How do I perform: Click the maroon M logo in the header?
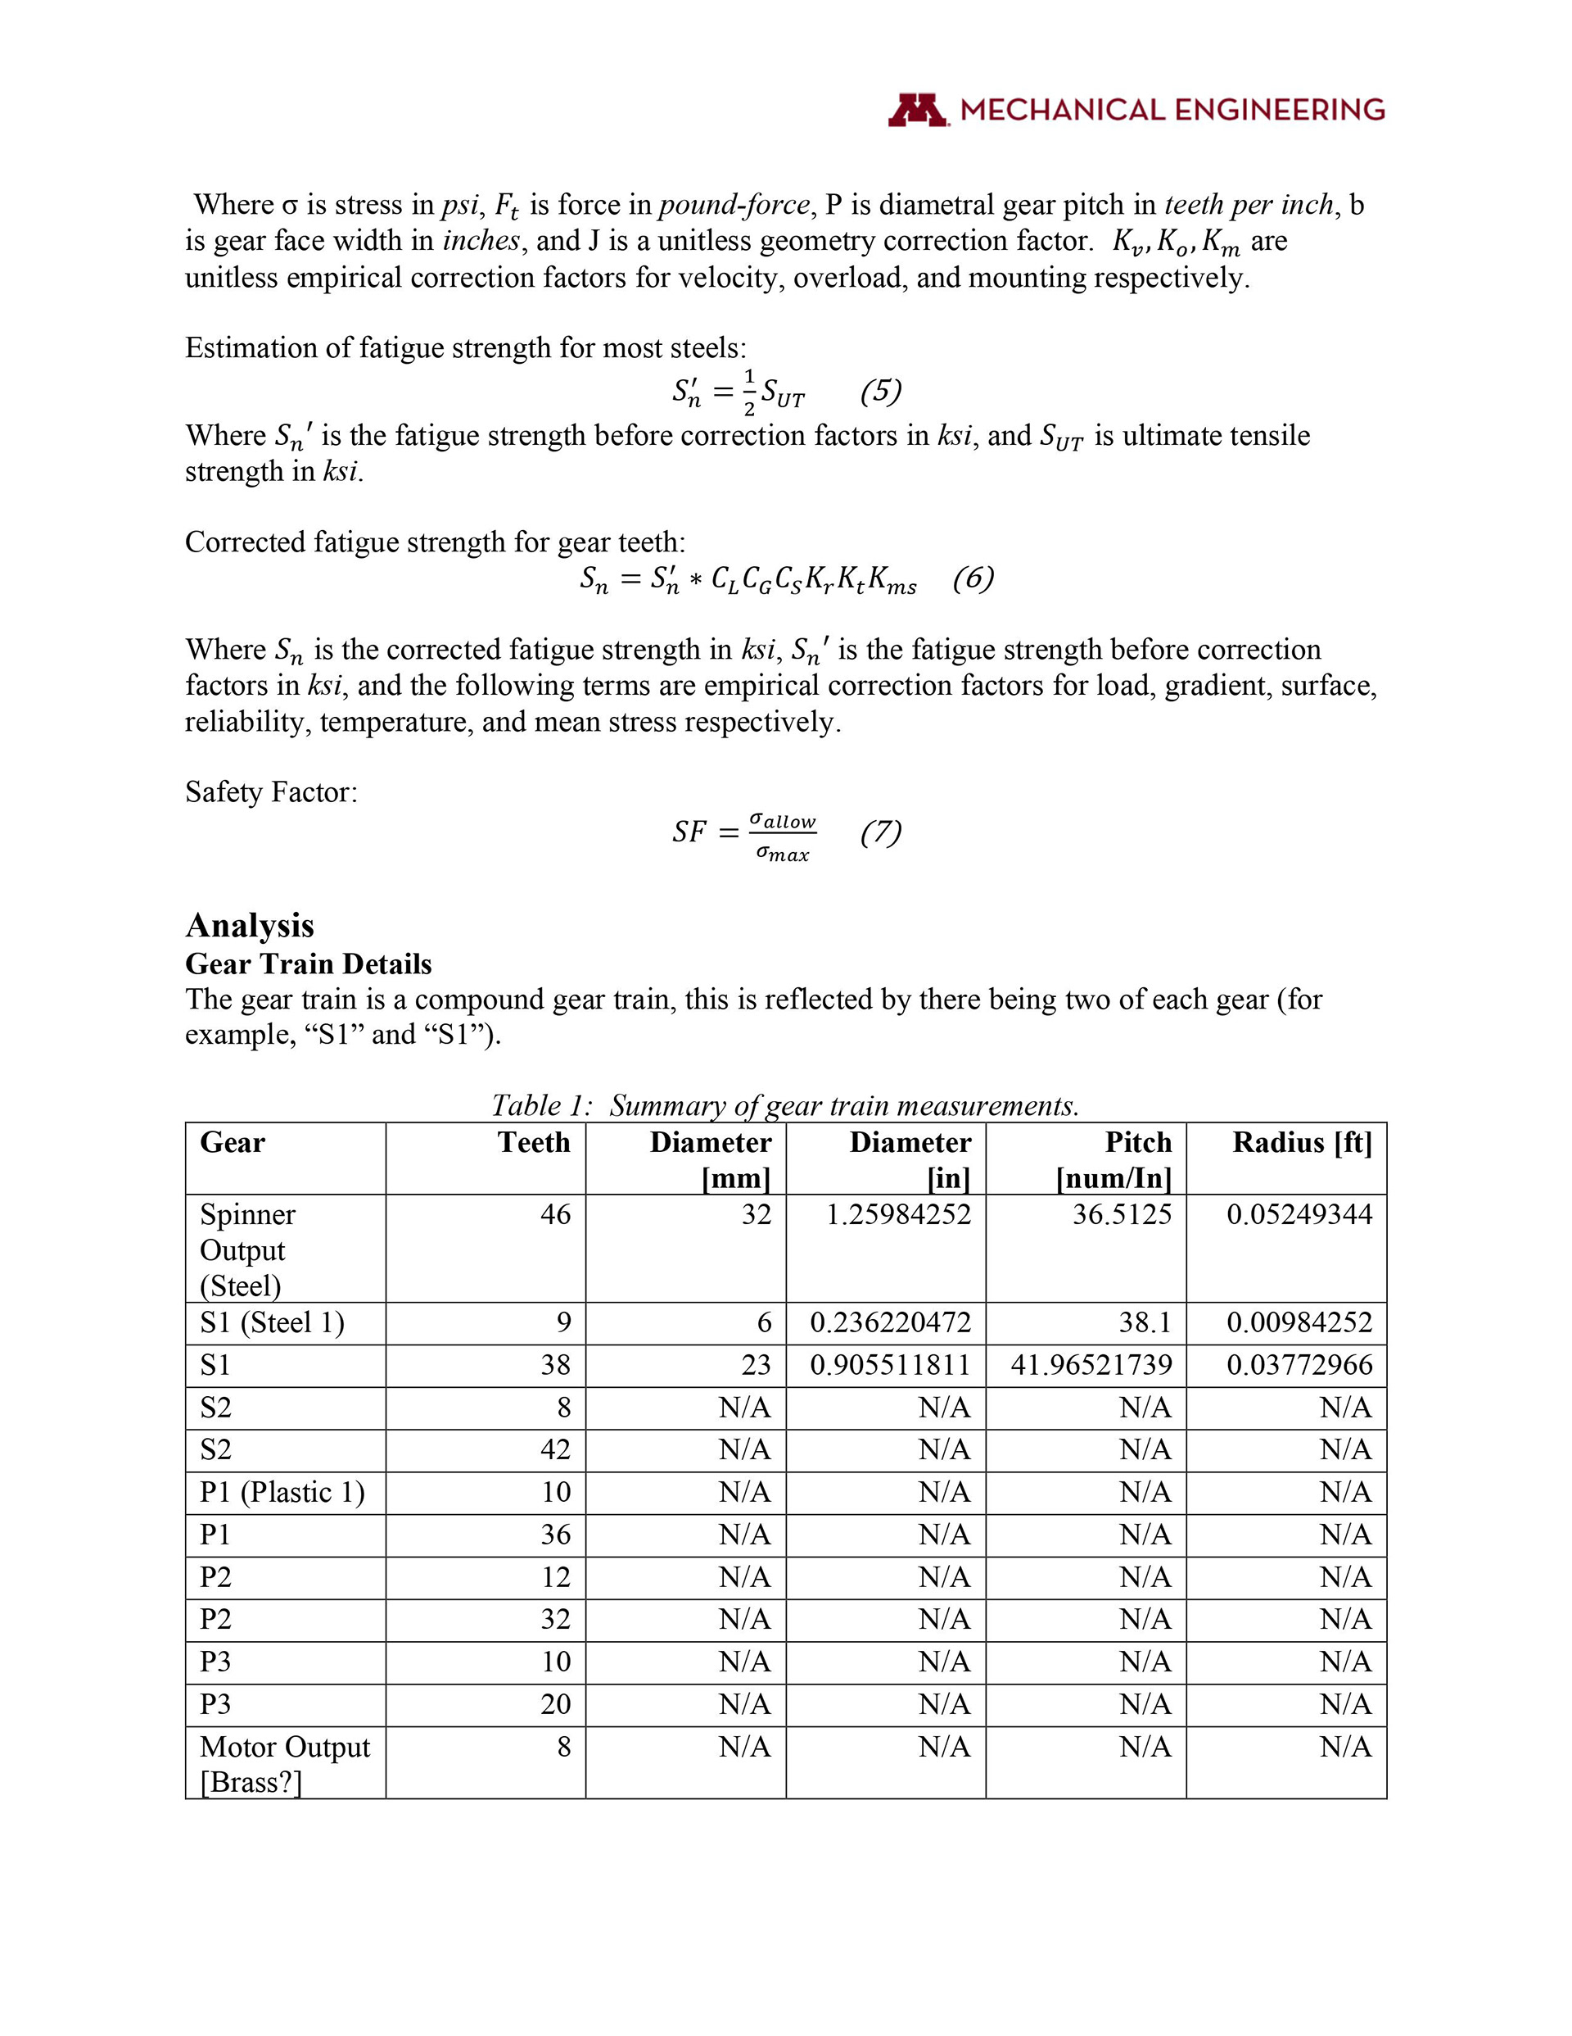tap(918, 110)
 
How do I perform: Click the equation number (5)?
tap(881, 391)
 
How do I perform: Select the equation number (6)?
tap(973, 578)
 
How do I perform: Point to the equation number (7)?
tap(881, 831)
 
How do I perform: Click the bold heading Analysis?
tap(250, 925)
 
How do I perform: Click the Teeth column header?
tap(533, 1142)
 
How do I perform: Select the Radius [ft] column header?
tap(1302, 1142)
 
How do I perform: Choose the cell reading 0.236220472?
tap(890, 1322)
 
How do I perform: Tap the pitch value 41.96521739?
tap(1091, 1365)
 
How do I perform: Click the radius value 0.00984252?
tap(1299, 1322)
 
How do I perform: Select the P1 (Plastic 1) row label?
tap(282, 1492)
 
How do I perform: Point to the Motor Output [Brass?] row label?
tap(284, 1764)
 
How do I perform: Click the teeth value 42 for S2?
tap(555, 1449)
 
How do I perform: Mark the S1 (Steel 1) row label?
tap(272, 1322)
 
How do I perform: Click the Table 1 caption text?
tap(784, 1105)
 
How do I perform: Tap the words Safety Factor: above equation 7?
tap(271, 791)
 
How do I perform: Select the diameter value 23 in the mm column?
tap(756, 1365)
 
